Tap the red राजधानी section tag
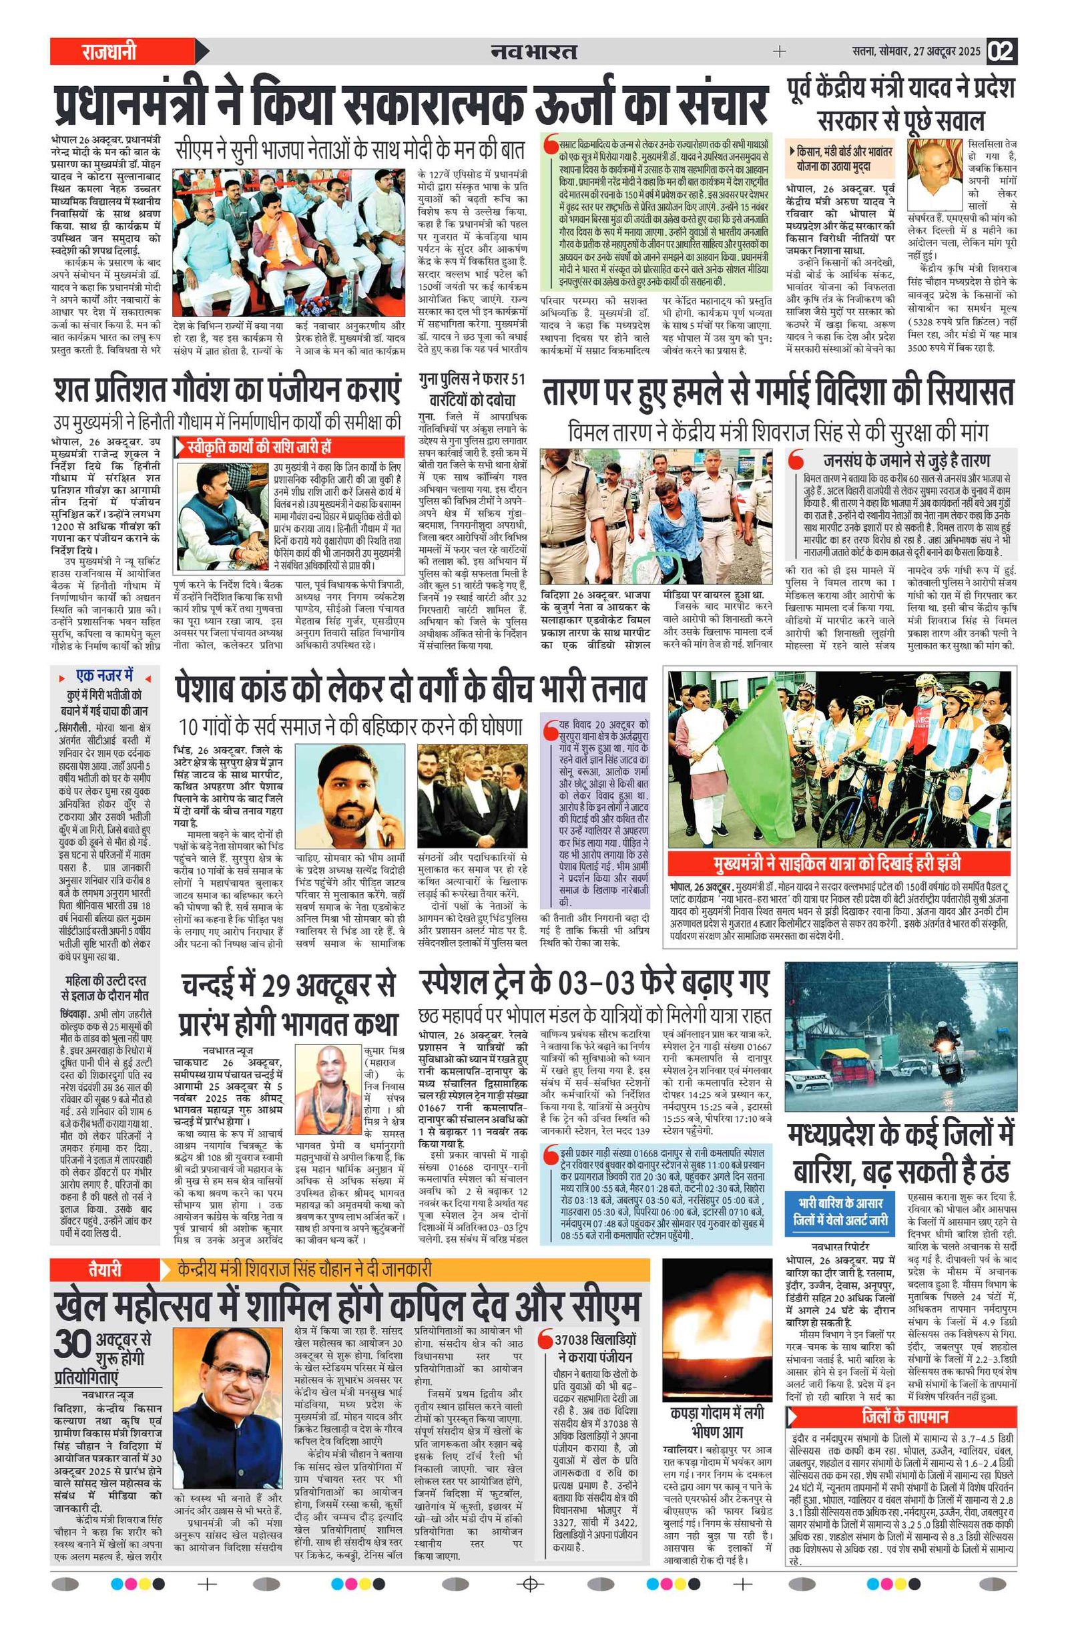click(110, 51)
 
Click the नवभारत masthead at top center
click(534, 51)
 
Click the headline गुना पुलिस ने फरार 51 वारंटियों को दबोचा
click(472, 389)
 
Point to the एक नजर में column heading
click(104, 676)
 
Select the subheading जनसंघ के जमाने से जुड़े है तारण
click(906, 460)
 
